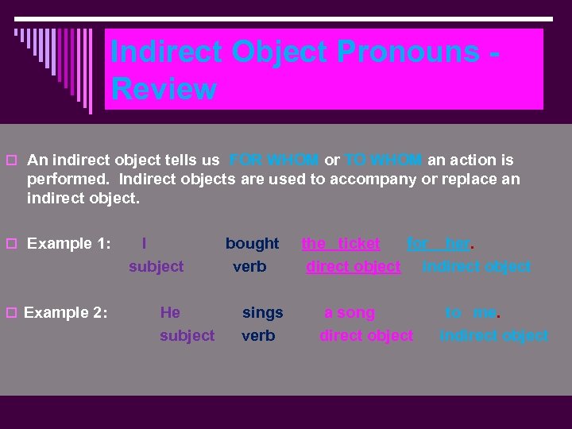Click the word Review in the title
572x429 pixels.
click(x=164, y=88)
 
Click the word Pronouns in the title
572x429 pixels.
click(x=408, y=52)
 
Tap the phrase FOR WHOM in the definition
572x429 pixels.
click(x=273, y=160)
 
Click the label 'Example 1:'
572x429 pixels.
click(x=68, y=243)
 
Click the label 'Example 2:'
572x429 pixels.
click(x=66, y=312)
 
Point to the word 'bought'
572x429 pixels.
click(x=252, y=243)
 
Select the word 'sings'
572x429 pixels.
click(x=262, y=312)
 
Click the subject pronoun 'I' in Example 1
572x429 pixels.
click(x=143, y=243)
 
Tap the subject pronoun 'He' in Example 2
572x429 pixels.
click(x=170, y=312)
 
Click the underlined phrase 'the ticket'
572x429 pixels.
click(x=341, y=243)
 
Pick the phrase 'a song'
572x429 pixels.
click(x=349, y=312)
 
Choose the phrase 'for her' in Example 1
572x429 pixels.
click(x=439, y=243)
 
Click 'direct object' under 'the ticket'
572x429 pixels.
click(x=354, y=267)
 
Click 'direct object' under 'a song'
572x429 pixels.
click(x=366, y=336)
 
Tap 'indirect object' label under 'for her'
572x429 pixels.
click(x=477, y=267)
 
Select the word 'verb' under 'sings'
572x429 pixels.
click(x=258, y=336)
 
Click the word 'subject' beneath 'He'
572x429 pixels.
click(x=187, y=336)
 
